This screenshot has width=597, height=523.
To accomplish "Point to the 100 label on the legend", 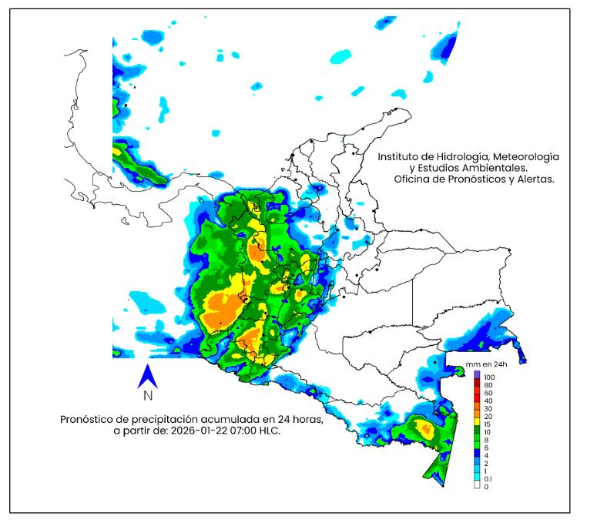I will [x=489, y=376].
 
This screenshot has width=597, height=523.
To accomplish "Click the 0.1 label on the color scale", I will [x=488, y=479].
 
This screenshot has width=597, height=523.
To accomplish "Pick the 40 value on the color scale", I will [x=488, y=401].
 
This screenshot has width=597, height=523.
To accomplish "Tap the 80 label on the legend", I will [x=488, y=384].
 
